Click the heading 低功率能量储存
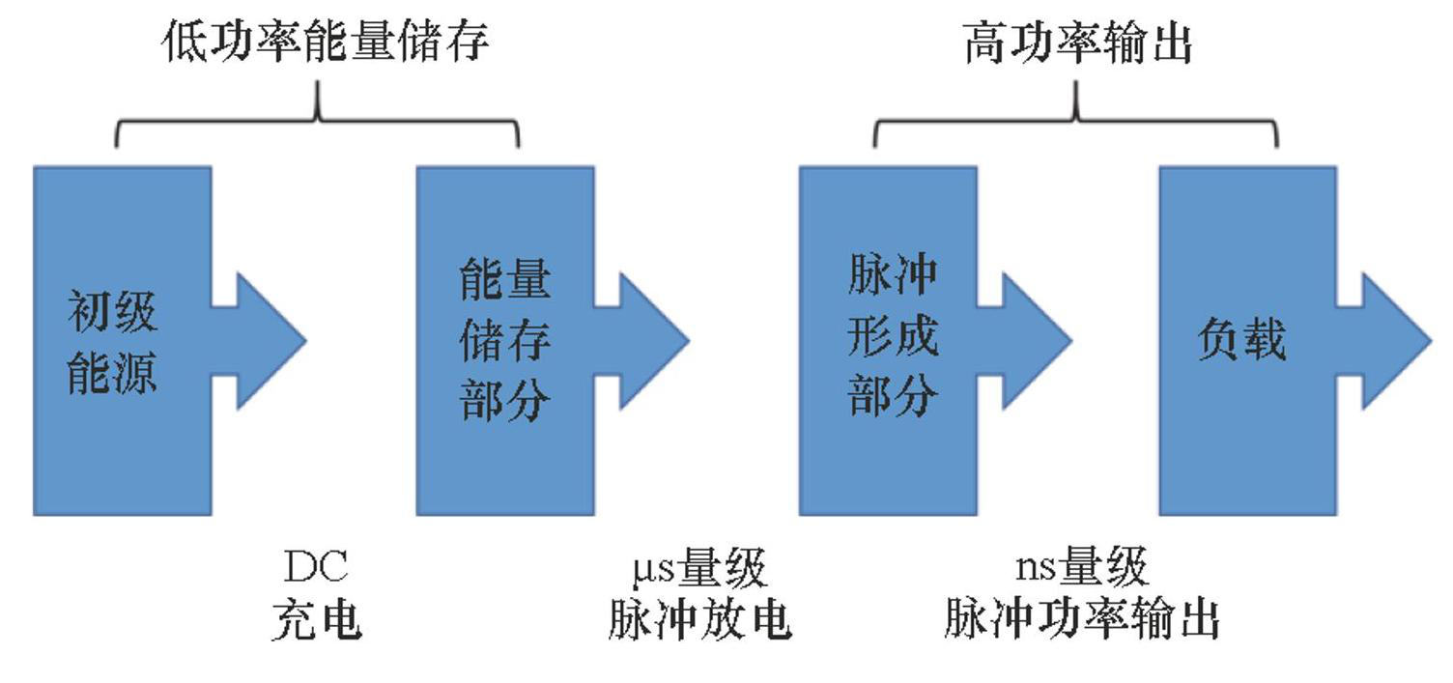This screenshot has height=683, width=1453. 326,43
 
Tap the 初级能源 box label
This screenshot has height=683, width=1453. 112,342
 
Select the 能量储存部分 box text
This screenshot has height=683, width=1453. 504,340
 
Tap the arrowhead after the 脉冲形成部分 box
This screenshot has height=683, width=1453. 1035,340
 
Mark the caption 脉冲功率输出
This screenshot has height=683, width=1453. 1081,620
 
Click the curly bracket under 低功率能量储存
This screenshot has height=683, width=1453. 318,120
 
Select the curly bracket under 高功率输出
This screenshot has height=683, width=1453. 1076,120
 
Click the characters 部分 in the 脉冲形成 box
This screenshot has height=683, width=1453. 892,396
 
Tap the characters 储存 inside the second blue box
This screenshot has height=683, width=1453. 504,340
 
